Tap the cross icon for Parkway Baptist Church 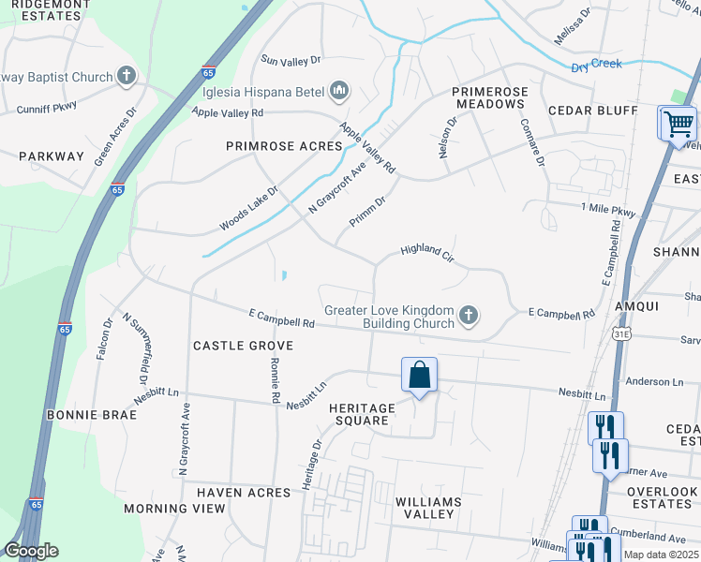(127, 77)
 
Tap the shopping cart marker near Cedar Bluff (678, 125)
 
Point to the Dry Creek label (597, 66)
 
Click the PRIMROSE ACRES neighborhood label (284, 146)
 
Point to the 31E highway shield (621, 333)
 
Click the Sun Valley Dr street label (291, 59)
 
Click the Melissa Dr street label (573, 27)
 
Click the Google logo (31, 551)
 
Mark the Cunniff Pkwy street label (46, 108)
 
